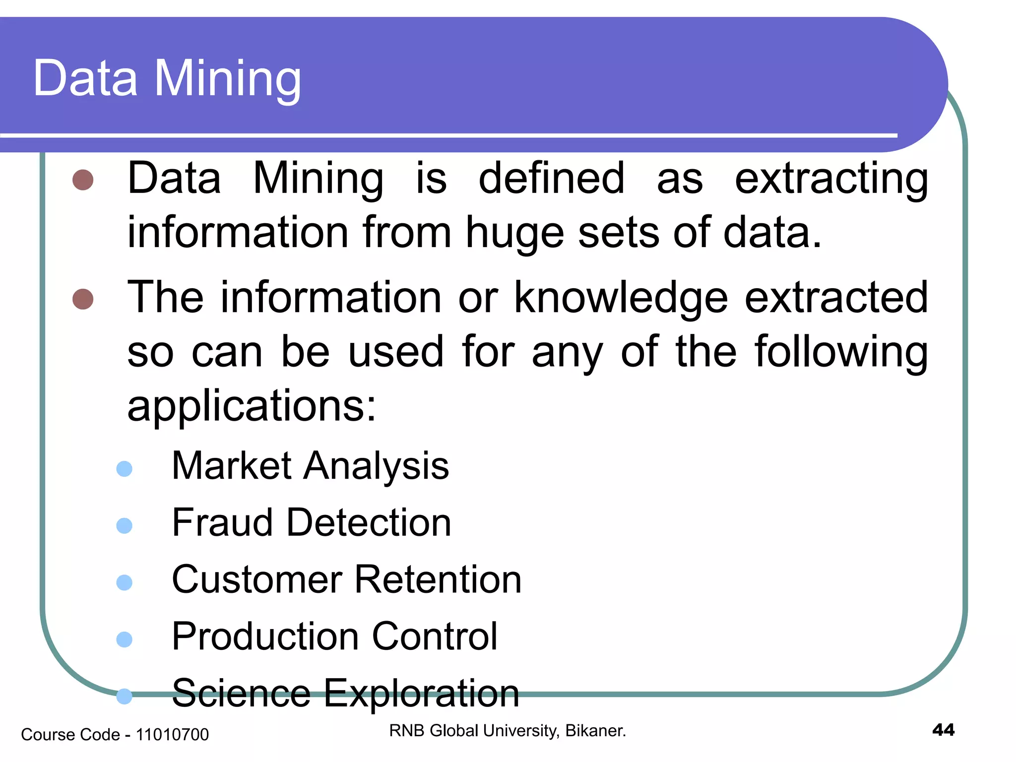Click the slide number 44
coord(943,730)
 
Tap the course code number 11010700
coord(172,735)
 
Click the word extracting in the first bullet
coord(831,180)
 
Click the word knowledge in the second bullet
coord(621,298)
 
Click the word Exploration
coord(422,694)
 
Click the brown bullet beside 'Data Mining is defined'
coord(83,180)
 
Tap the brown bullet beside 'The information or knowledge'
coord(83,299)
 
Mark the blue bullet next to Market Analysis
coord(124,469)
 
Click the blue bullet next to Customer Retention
coord(124,582)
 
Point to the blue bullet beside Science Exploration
coord(124,696)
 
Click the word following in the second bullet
coord(841,352)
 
